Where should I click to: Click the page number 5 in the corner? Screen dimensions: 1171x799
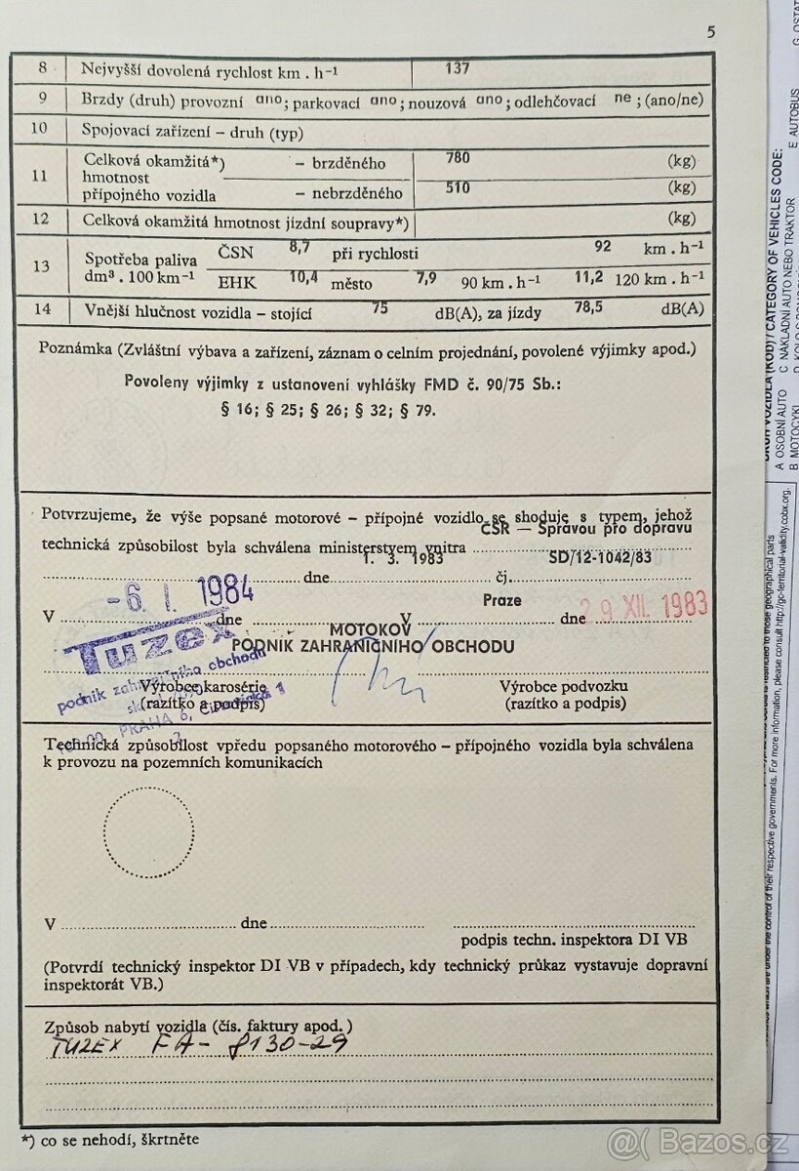coord(711,31)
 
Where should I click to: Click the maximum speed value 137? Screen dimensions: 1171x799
coord(457,68)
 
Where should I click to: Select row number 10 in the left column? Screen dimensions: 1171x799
coord(41,127)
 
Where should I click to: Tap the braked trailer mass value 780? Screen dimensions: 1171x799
coord(458,157)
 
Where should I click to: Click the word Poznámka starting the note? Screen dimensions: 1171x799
coord(73,348)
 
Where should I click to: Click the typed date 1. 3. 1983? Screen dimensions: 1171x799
coord(403,559)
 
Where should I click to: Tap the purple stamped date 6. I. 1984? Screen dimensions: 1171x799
coord(190,591)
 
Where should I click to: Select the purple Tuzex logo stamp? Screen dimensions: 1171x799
coord(146,645)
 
